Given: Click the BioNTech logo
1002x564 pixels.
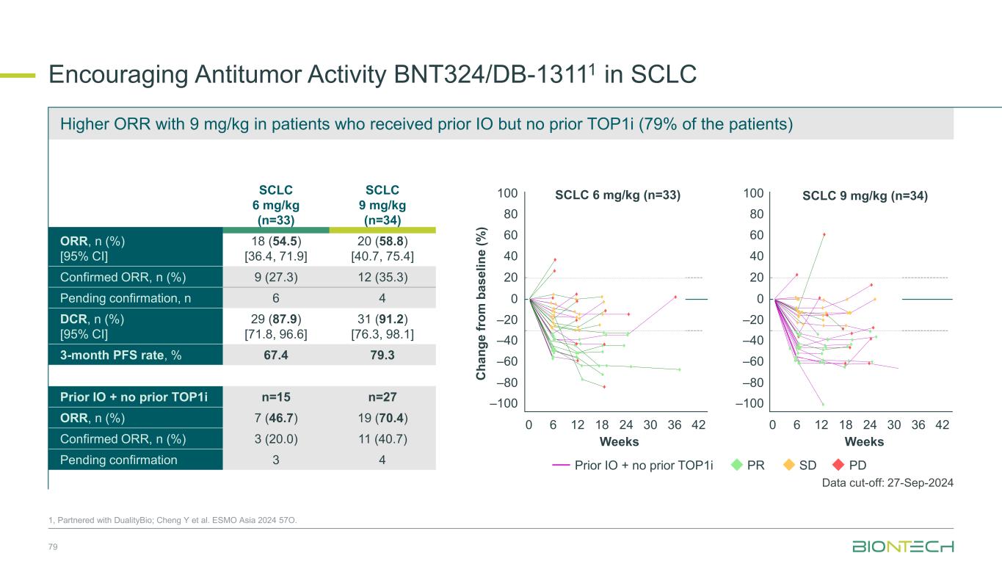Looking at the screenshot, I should [902, 546].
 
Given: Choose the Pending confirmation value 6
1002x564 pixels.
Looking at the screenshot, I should [275, 298].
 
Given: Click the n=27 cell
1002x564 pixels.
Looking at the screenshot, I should [382, 399].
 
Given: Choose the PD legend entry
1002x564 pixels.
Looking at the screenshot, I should [849, 465].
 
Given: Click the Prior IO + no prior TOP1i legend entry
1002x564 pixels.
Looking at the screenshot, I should [636, 465].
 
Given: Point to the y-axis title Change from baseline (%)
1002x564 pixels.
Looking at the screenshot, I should [482, 303].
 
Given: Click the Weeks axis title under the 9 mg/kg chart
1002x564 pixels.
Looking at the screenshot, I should [864, 442].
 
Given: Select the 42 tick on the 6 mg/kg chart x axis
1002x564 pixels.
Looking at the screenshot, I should [699, 425].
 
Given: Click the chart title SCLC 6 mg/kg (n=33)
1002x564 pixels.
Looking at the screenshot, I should [618, 196].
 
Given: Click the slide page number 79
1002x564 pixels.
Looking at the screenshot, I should [53, 547].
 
